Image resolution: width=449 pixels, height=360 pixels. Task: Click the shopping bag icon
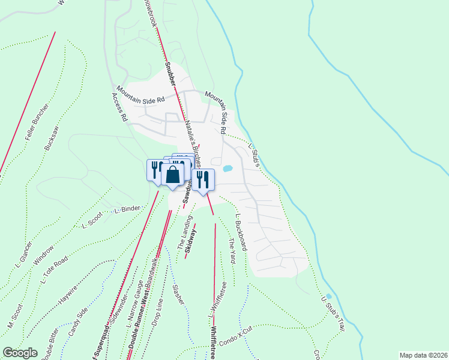pyautogui.click(x=173, y=175)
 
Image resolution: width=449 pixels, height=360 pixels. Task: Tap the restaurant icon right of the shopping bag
pyautogui.click(x=203, y=179)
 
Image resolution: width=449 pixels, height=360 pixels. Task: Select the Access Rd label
pyautogui.click(x=120, y=108)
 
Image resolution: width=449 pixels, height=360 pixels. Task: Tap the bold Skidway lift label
pyautogui.click(x=191, y=241)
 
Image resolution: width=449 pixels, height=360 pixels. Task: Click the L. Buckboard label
pyautogui.click(x=241, y=232)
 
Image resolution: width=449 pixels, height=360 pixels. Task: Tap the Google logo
pyautogui.click(x=20, y=353)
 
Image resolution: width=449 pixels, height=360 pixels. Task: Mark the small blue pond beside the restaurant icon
pyautogui.click(x=228, y=169)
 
